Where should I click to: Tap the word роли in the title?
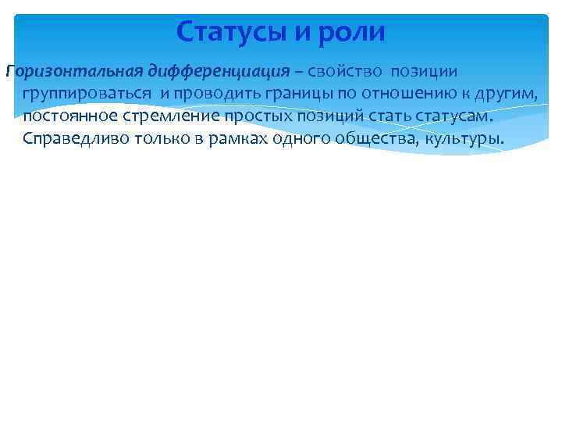[x=356, y=32]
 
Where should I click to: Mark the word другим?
[x=510, y=94]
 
